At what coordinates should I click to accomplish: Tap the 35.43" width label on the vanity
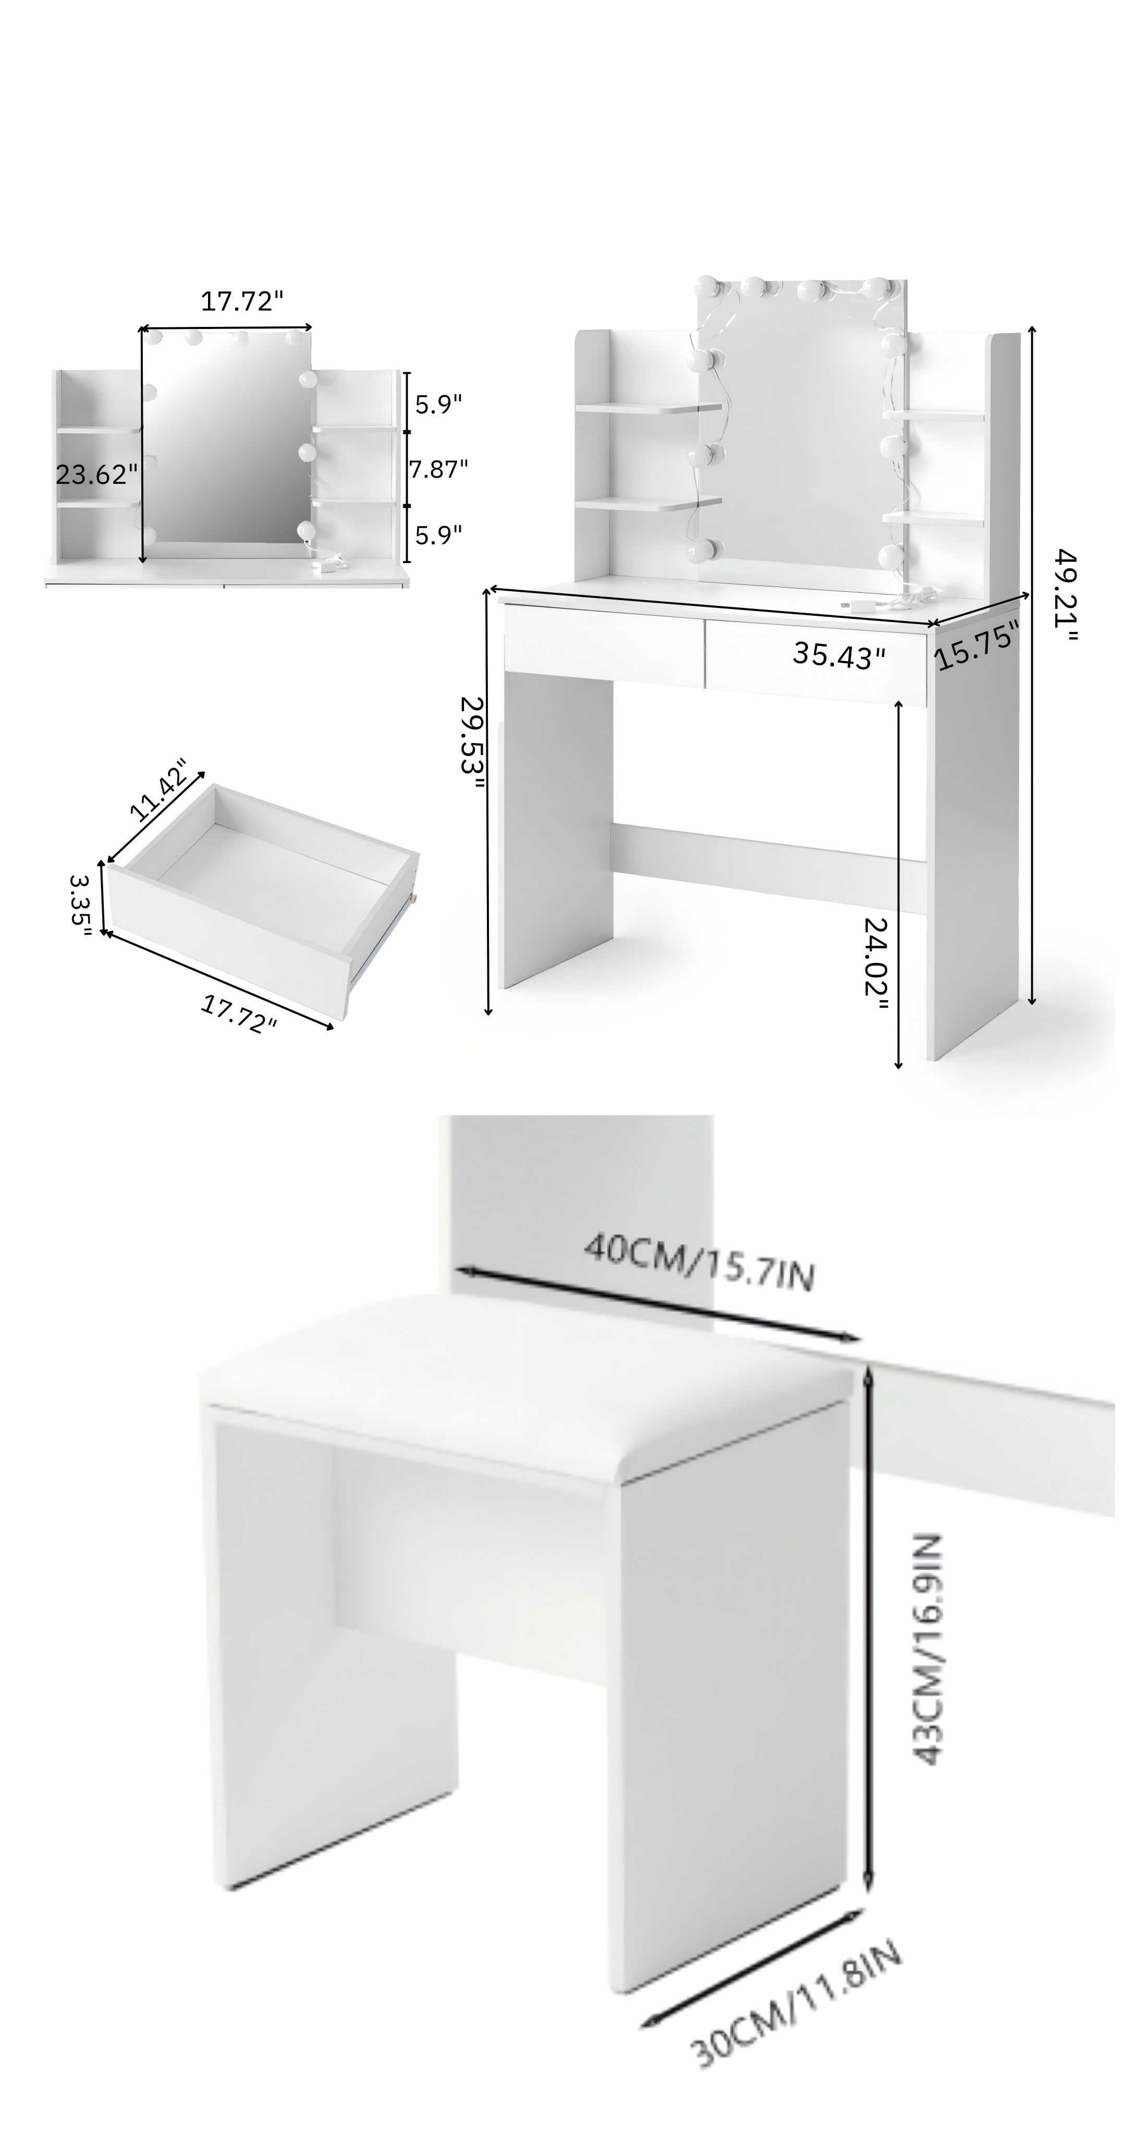839,655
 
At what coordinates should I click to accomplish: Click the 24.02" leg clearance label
875,964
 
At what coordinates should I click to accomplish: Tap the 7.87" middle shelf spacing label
438,469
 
